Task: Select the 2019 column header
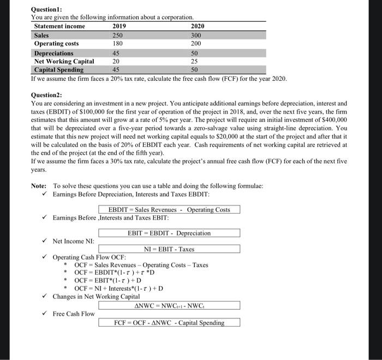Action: click(x=118, y=26)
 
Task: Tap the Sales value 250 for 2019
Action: click(x=117, y=35)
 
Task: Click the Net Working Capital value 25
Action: click(x=195, y=61)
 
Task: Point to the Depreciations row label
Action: click(x=53, y=53)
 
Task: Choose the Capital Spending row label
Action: click(x=59, y=70)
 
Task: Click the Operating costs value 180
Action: click(x=117, y=44)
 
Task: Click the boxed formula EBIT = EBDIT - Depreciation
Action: click(x=169, y=233)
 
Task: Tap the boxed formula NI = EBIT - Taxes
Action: click(x=169, y=249)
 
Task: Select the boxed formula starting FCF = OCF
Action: click(x=169, y=322)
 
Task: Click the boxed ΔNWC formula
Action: click(x=169, y=306)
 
